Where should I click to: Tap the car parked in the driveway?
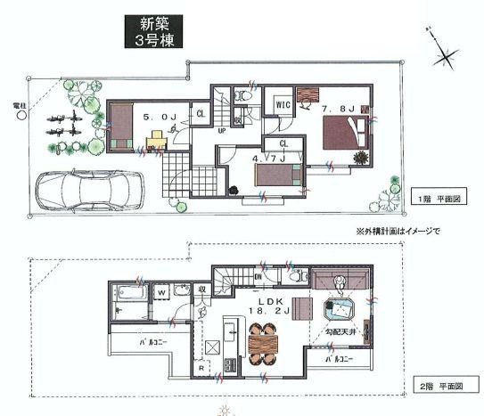(88, 189)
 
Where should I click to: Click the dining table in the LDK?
(263, 340)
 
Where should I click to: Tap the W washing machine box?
(163, 290)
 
